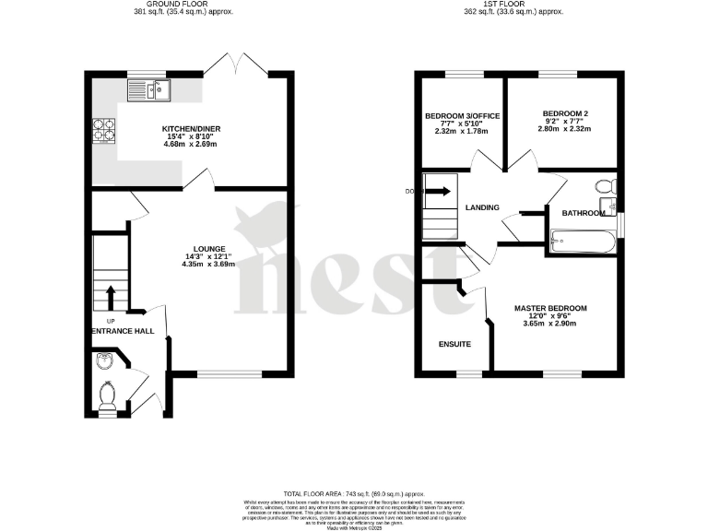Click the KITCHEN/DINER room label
[192, 128]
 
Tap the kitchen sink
[149, 90]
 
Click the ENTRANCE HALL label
[122, 330]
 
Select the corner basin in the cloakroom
[103, 361]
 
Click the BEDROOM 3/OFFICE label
[462, 116]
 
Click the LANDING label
[483, 207]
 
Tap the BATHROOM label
[584, 213]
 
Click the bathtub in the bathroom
[584, 242]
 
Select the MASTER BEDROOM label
[549, 308]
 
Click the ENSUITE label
[454, 344]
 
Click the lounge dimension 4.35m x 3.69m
[208, 265]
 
